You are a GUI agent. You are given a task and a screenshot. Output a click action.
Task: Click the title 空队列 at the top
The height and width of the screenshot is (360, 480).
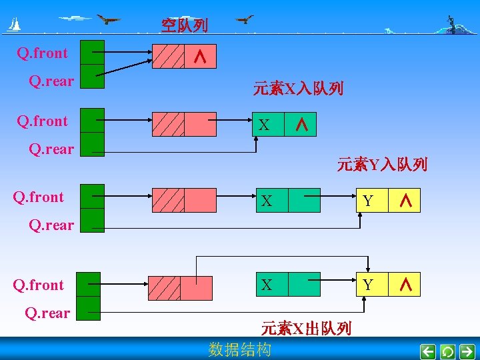click(184, 26)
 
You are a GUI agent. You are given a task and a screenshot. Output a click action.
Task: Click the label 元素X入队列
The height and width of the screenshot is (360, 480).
click(298, 88)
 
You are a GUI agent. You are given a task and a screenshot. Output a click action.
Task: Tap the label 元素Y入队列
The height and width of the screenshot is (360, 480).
click(382, 164)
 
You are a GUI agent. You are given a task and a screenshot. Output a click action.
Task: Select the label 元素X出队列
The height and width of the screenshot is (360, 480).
click(306, 328)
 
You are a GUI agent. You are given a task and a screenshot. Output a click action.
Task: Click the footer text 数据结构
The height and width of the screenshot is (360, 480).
click(240, 349)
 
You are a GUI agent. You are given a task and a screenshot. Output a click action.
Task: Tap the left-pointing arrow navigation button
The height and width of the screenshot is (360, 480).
click(429, 351)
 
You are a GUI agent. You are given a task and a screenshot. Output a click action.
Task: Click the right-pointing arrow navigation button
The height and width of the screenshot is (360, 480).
click(467, 351)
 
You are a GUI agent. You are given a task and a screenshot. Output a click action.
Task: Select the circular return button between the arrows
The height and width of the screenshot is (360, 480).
click(448, 351)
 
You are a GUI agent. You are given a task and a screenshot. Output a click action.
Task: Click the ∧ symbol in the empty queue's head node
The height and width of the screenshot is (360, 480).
click(199, 58)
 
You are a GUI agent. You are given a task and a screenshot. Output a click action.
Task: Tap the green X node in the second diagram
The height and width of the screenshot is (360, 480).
click(267, 125)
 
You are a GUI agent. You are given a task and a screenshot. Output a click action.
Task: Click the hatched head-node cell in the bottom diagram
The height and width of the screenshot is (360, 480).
click(164, 287)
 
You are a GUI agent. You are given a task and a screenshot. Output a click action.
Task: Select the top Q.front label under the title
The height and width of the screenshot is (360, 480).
click(43, 52)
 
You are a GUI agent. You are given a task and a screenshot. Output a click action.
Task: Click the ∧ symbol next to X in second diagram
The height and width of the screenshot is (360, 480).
click(301, 125)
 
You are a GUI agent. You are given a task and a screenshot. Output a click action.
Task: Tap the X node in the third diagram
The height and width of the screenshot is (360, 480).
click(267, 201)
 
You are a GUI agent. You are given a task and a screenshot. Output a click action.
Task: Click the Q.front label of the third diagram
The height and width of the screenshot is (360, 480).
click(39, 197)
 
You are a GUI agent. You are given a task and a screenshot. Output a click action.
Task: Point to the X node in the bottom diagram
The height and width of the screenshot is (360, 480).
click(267, 285)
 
